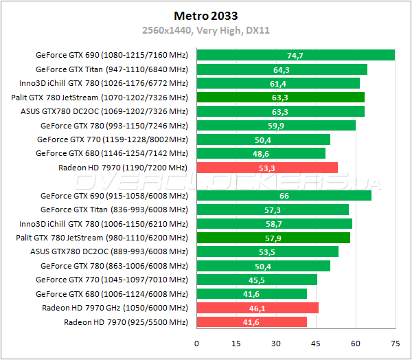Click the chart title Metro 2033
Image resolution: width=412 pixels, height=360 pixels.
coord(205,14)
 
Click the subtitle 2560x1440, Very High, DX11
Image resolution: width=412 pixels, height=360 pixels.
coord(205,30)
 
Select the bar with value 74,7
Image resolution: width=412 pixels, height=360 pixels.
coord(295,55)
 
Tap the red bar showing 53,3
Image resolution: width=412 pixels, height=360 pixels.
coord(267,167)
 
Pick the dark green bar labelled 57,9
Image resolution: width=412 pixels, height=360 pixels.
coord(273,238)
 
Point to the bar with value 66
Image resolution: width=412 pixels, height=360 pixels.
coord(284,195)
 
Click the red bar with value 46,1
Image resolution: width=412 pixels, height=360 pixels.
coord(257,308)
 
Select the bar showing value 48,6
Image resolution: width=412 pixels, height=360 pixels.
coord(261,153)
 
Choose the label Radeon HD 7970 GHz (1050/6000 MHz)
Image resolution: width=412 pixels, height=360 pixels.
coord(115,308)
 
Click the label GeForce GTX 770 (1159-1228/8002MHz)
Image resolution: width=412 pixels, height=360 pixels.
coord(112,139)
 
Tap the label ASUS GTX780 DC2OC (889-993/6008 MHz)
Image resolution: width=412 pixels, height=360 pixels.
coord(108,251)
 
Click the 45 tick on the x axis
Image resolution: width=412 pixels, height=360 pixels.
coord(316,343)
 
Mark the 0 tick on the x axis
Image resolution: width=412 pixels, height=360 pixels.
coord(197,343)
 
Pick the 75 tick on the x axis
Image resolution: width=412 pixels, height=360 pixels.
coord(395,343)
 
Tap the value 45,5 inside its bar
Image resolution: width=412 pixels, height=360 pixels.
coord(257,280)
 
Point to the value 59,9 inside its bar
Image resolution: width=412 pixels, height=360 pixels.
coord(276,125)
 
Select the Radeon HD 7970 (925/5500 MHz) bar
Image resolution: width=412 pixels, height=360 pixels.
coord(251,322)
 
